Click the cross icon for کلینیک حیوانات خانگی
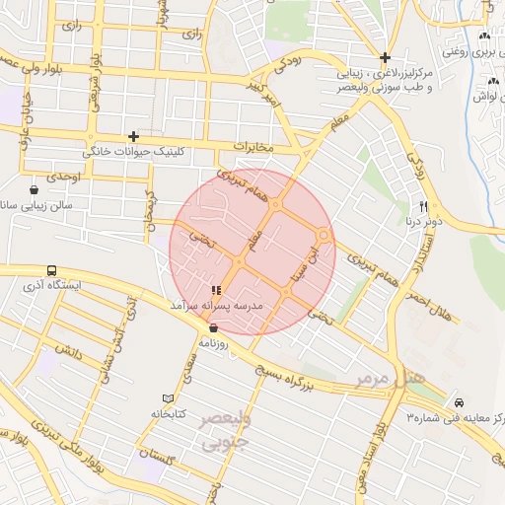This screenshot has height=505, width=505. click(x=133, y=136)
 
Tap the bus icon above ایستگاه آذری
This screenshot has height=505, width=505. click(x=51, y=270)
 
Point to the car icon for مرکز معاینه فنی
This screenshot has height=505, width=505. click(x=460, y=402)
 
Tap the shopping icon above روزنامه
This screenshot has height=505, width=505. click(x=213, y=328)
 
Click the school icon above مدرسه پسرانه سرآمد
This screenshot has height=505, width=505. click(x=216, y=290)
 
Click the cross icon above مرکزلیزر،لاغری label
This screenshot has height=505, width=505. click(x=385, y=57)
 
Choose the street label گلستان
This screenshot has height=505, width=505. click(x=157, y=456)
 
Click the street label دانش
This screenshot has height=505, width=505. click(x=59, y=350)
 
